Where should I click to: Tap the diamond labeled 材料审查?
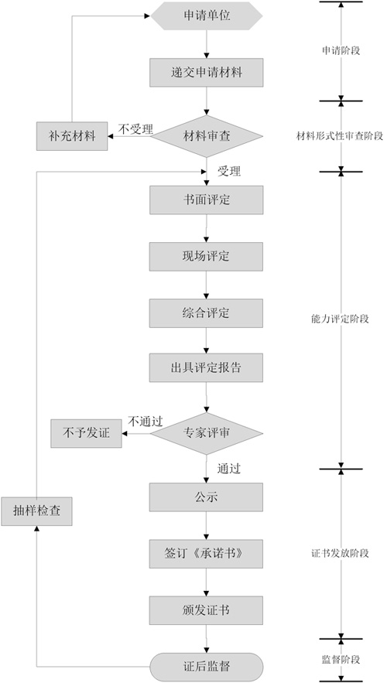tap(206, 135)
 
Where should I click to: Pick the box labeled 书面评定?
tap(206, 200)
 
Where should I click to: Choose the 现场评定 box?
tap(206, 256)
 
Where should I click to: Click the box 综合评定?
tap(206, 312)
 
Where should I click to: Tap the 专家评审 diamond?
tap(206, 433)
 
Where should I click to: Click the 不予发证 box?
tap(87, 433)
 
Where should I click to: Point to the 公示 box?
tap(206, 497)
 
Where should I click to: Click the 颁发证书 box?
tap(206, 610)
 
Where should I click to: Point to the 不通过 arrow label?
tap(145, 422)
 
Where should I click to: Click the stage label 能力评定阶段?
tap(341, 317)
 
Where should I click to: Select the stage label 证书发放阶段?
tap(341, 553)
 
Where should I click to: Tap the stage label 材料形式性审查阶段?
tap(341, 136)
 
